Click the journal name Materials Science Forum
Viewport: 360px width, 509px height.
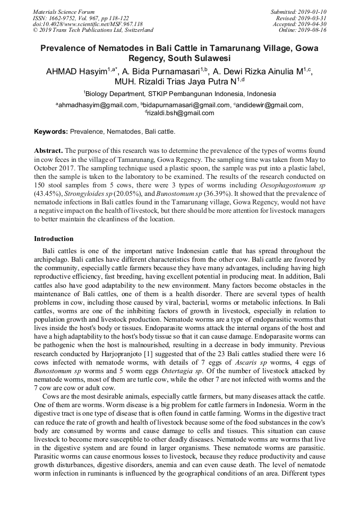[64, 12]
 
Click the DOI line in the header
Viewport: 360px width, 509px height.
[88, 24]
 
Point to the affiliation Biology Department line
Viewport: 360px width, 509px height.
[179, 93]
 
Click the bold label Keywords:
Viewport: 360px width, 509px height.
[51, 131]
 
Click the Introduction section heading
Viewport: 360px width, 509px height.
[54, 239]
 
